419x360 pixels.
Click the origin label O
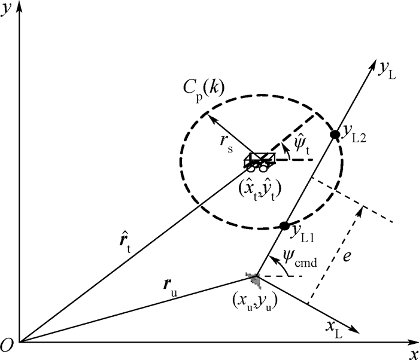coord(8,345)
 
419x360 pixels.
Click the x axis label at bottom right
coord(412,353)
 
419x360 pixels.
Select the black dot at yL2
coord(335,134)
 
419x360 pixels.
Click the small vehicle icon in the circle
coord(260,161)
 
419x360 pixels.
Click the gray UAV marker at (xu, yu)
coord(254,277)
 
